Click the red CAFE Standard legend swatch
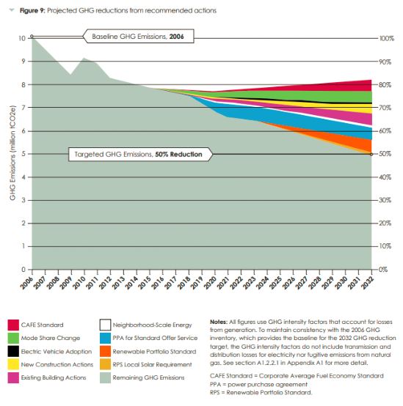tap(13, 325)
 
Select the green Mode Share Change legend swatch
tap(13, 338)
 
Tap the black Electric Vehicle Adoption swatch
tap(13, 351)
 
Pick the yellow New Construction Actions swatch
tap(13, 364)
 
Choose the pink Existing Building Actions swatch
tap(13, 377)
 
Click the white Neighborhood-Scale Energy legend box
tap(105, 325)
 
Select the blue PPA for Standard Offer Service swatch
tap(105, 338)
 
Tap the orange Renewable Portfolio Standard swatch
tap(105, 351)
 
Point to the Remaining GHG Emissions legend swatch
tap(105, 377)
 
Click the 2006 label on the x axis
tap(26, 282)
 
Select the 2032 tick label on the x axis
tap(368, 282)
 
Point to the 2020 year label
tap(210, 282)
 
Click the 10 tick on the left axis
tap(22, 38)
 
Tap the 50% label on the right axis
tap(385, 154)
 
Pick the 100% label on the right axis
tap(387, 39)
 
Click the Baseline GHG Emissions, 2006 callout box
tap(139, 36)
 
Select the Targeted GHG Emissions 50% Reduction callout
tap(140, 155)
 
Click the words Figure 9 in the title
tap(32, 10)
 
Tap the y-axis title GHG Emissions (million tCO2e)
tap(12, 152)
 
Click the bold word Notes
tap(219, 322)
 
